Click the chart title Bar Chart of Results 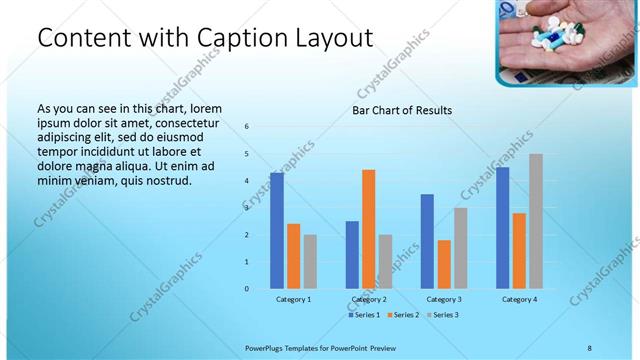pyautogui.click(x=401, y=110)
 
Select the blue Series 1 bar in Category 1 pyautogui.click(x=277, y=231)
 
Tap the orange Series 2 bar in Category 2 pyautogui.click(x=368, y=229)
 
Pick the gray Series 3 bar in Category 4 pyautogui.click(x=536, y=221)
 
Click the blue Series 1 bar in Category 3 pyautogui.click(x=427, y=241)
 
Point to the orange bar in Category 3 pyautogui.click(x=444, y=264)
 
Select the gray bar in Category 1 pyautogui.click(x=310, y=261)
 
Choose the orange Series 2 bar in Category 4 pyautogui.click(x=519, y=250)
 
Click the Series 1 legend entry pyautogui.click(x=364, y=315)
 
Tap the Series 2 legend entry pyautogui.click(x=402, y=315)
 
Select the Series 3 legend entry pyautogui.click(x=441, y=315)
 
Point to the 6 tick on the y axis pyautogui.click(x=246, y=127)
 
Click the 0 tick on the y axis pyautogui.click(x=246, y=289)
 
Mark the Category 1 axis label pyautogui.click(x=293, y=299)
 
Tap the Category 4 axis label pyautogui.click(x=519, y=299)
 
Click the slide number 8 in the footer pyautogui.click(x=589, y=347)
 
